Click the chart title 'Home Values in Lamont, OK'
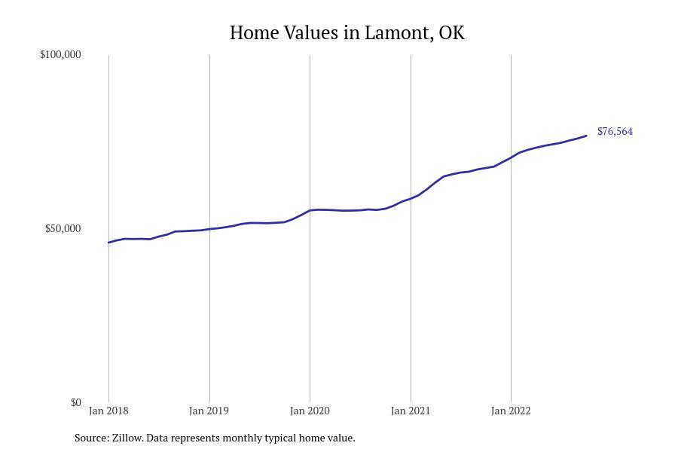[x=347, y=33]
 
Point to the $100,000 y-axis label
[x=60, y=55]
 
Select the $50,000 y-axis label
[x=63, y=229]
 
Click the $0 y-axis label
[x=75, y=403]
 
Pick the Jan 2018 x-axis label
[x=108, y=411]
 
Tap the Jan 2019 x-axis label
[x=209, y=411]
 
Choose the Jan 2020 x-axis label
[x=310, y=411]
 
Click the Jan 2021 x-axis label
[x=411, y=411]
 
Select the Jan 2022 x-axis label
[x=511, y=411]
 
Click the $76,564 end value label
[x=615, y=132]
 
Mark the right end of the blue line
[x=586, y=136]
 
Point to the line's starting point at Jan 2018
[x=108, y=243]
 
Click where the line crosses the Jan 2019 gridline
[x=209, y=229]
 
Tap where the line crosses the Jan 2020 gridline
[x=310, y=210]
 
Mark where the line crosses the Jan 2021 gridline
[x=411, y=199]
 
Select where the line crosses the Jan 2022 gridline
[x=511, y=157]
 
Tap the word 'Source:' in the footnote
[x=91, y=438]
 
